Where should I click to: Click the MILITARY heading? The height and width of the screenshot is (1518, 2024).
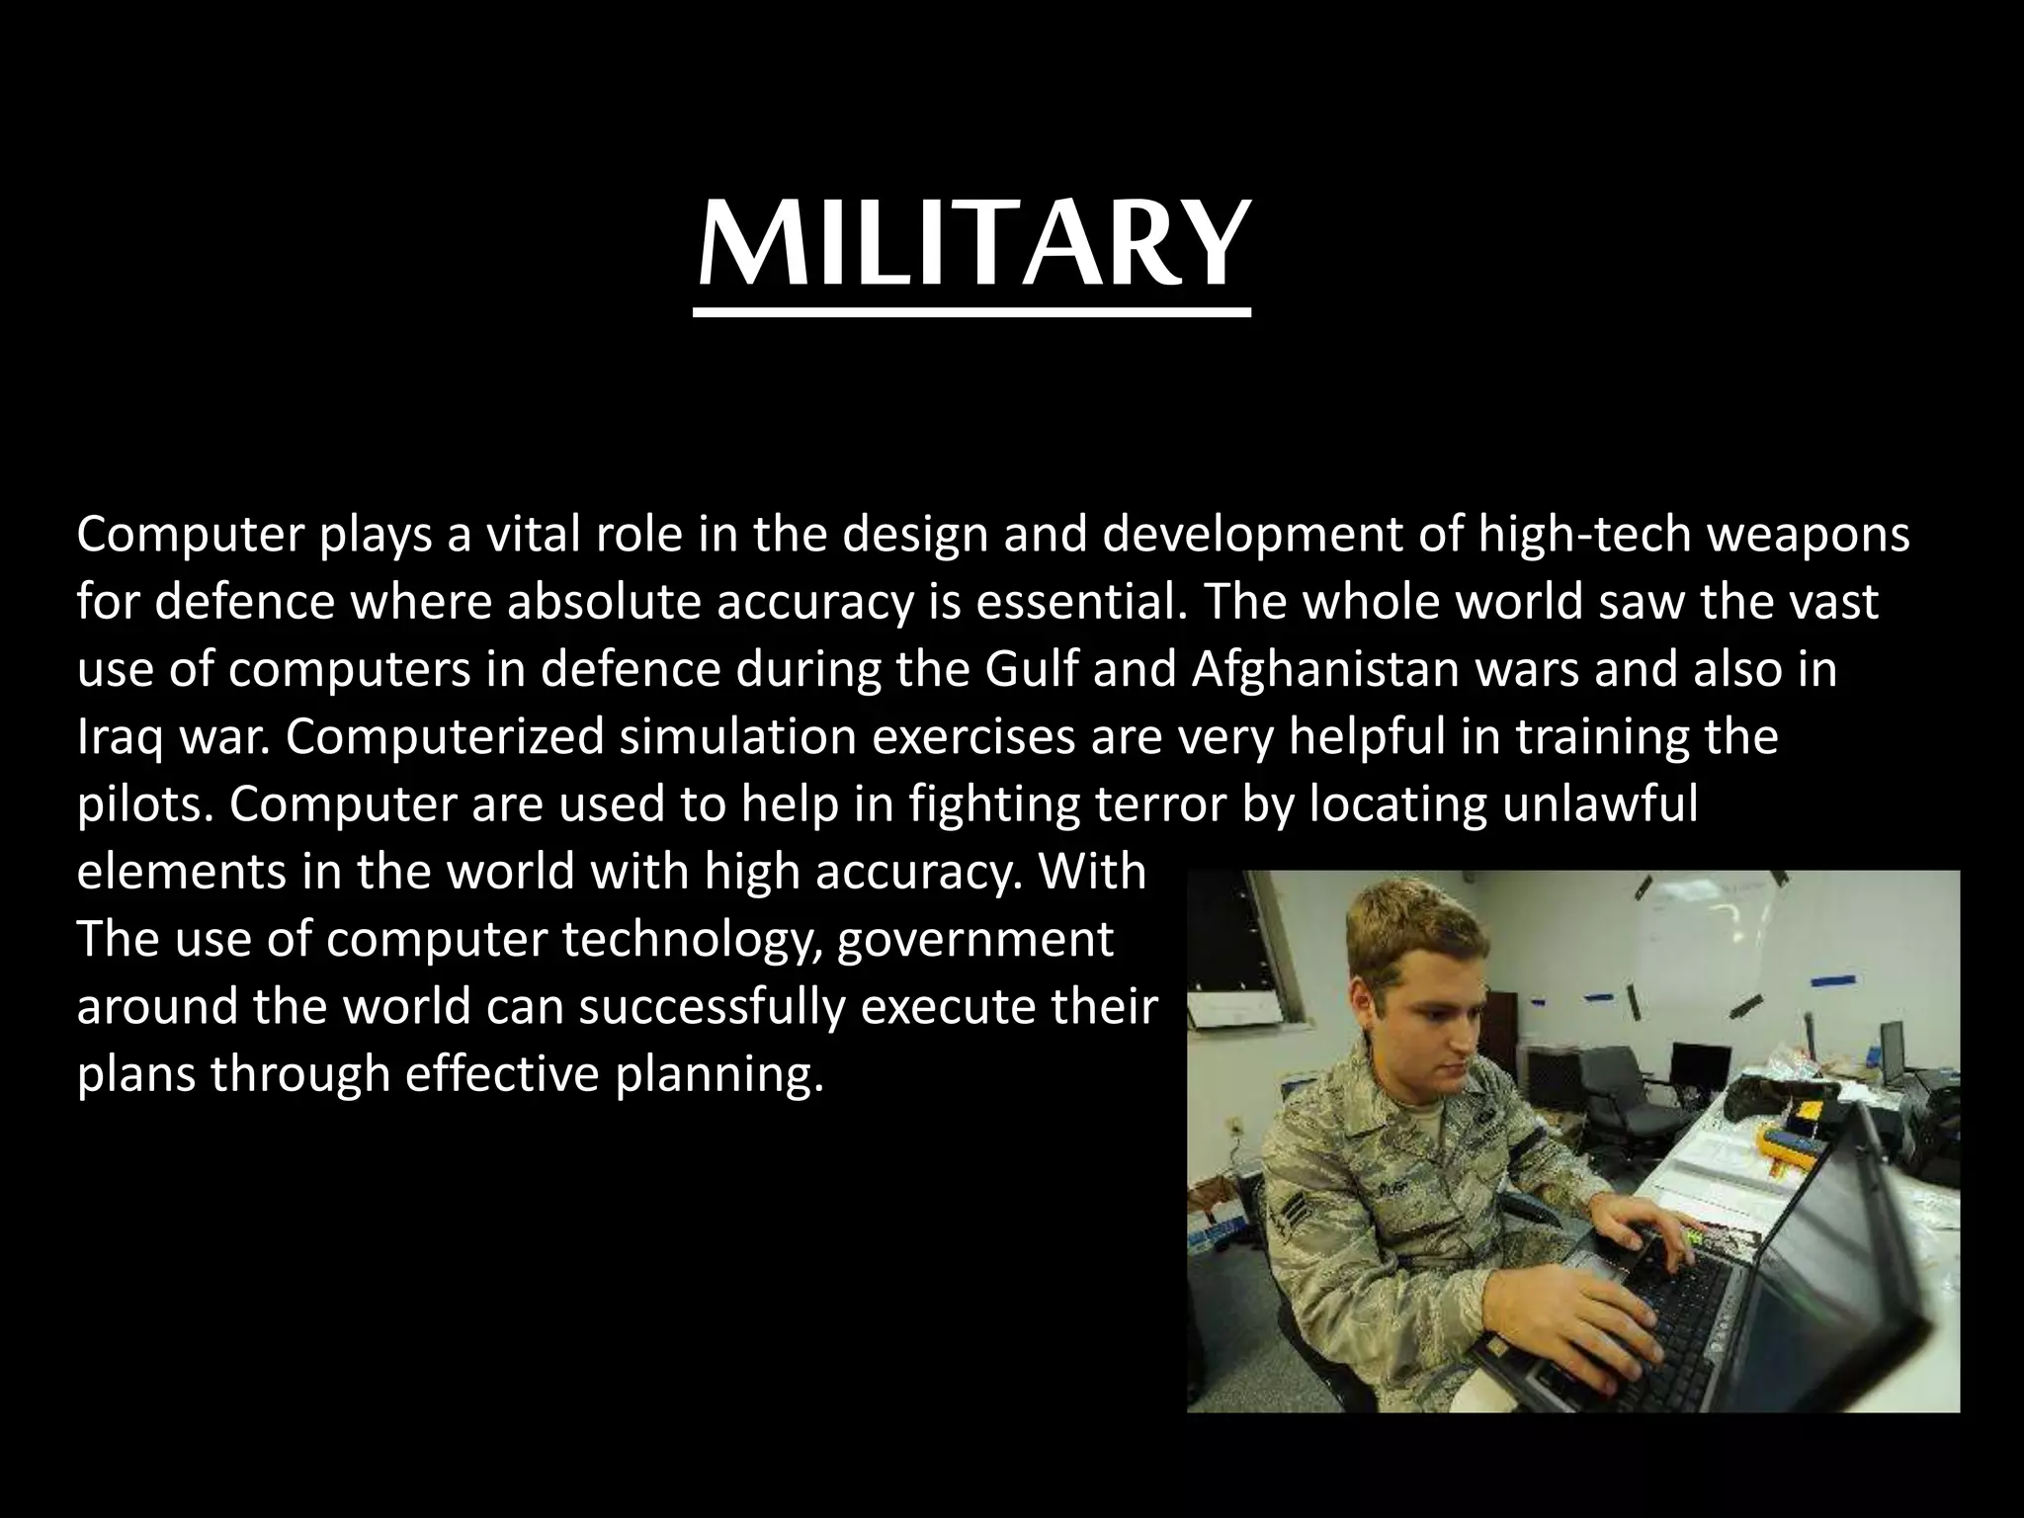point(972,243)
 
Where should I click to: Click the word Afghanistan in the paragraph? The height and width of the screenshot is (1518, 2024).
point(1324,670)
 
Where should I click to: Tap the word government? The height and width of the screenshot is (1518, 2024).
point(973,940)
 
